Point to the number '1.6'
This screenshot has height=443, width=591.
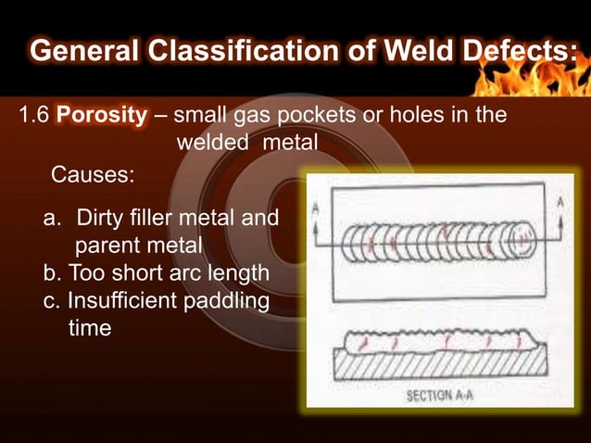tap(35, 118)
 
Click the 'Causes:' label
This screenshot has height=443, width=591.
tap(92, 174)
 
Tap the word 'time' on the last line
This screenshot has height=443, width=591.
tap(90, 328)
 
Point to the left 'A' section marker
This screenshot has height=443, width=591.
tap(316, 209)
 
